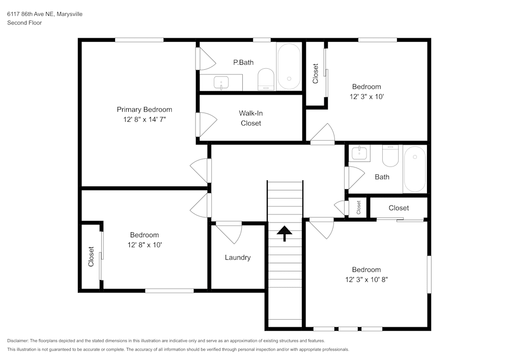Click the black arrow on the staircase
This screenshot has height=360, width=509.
285,233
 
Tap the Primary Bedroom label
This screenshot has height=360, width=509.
144,109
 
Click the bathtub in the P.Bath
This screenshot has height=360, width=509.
289,67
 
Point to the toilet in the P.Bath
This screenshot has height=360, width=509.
266,80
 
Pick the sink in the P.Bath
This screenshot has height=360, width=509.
221,82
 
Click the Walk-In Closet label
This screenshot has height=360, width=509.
251,118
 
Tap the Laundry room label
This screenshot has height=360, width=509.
238,258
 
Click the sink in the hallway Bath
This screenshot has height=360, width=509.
360,152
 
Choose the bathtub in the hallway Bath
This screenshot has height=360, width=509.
414,169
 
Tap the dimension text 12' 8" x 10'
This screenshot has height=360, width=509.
144,244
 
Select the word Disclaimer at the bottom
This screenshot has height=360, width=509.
18,341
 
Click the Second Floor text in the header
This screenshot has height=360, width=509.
24,23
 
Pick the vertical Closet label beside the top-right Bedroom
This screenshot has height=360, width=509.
316,74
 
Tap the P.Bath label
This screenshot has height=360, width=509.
243,63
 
